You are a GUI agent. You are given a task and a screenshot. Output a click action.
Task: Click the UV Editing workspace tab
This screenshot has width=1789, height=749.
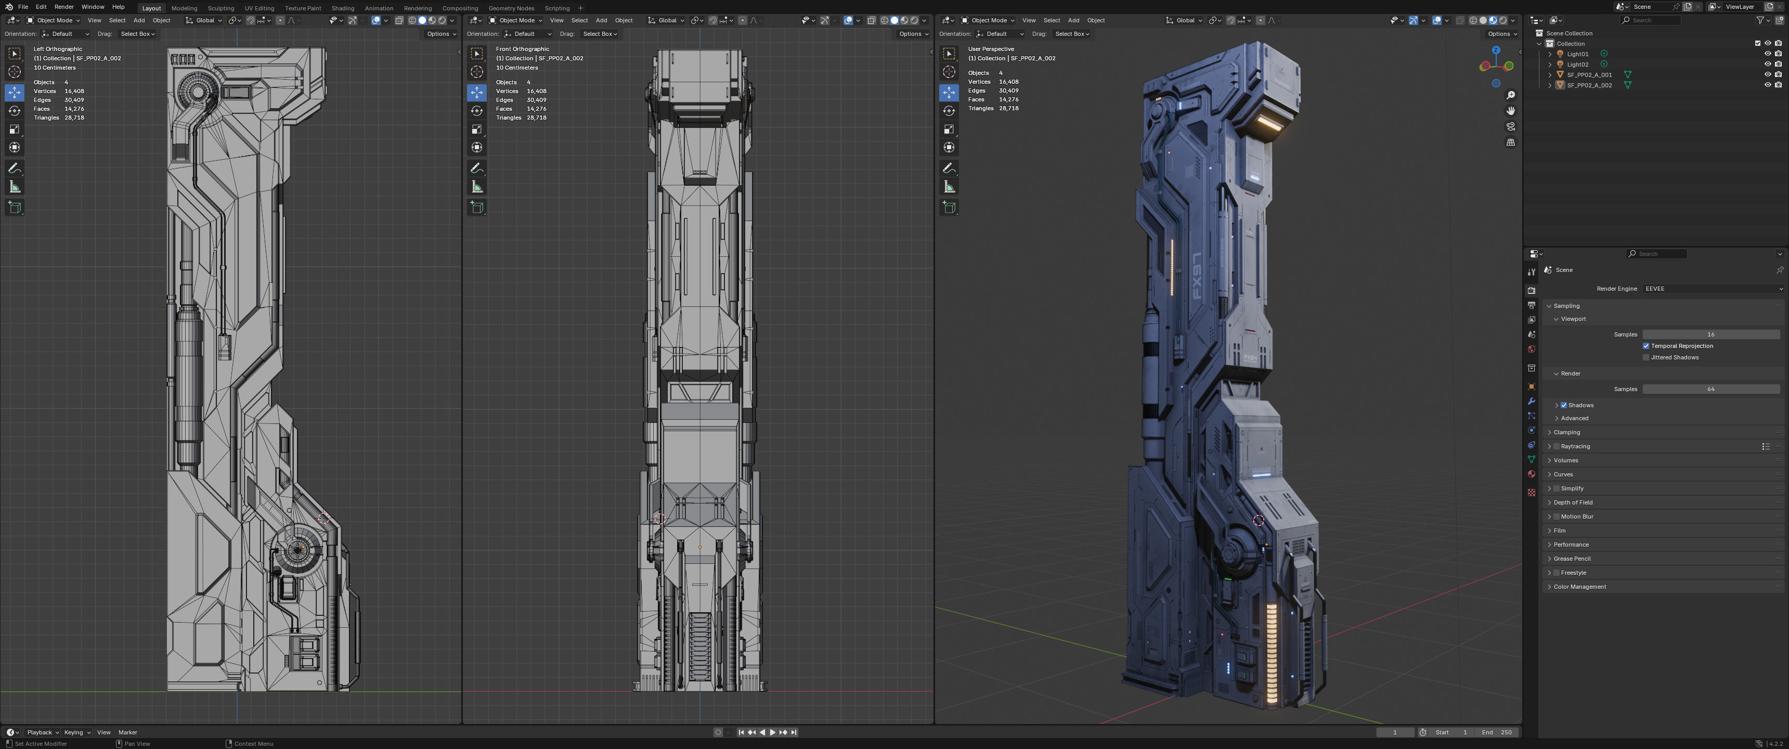point(259,8)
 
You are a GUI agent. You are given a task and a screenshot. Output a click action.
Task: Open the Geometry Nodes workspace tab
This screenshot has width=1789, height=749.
point(511,8)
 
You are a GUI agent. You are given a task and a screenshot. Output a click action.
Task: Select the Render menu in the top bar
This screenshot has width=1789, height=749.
point(64,7)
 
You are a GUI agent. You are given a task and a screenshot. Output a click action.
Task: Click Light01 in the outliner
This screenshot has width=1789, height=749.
point(1577,54)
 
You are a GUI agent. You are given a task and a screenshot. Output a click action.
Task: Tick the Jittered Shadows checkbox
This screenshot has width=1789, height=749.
point(1646,358)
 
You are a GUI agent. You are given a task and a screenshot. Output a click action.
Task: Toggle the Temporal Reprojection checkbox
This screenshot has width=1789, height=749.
point(1646,346)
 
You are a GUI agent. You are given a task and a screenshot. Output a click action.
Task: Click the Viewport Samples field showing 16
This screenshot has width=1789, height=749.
point(1710,335)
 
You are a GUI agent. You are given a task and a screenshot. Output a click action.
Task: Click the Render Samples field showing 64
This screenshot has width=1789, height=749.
point(1710,389)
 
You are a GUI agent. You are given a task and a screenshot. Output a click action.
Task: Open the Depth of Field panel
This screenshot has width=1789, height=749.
point(1573,502)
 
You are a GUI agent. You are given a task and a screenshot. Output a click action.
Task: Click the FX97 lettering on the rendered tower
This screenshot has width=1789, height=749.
point(1197,276)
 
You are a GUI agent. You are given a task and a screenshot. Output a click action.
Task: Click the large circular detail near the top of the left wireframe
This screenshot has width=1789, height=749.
point(199,92)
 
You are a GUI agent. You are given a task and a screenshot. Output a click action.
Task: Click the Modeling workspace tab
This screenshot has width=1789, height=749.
point(184,8)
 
